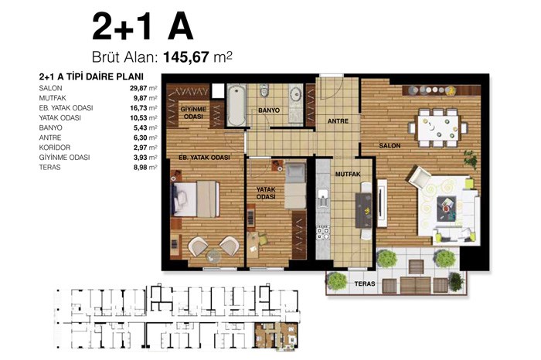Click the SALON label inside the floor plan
[390, 145]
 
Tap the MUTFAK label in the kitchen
[348, 174]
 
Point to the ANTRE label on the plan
[338, 121]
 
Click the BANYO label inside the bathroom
[269, 110]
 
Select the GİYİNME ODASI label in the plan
[193, 113]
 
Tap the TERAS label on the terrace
[365, 284]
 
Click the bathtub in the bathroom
[236, 106]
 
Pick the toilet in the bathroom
[264, 90]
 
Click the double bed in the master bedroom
[196, 199]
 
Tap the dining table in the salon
[438, 128]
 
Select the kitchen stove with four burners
[323, 233]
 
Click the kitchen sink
[323, 198]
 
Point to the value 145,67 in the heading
[186, 57]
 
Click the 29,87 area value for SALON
[138, 88]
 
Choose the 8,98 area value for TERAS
[140, 167]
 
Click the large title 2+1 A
[142, 27]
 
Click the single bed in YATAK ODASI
[295, 186]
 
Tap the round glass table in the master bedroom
[213, 256]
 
